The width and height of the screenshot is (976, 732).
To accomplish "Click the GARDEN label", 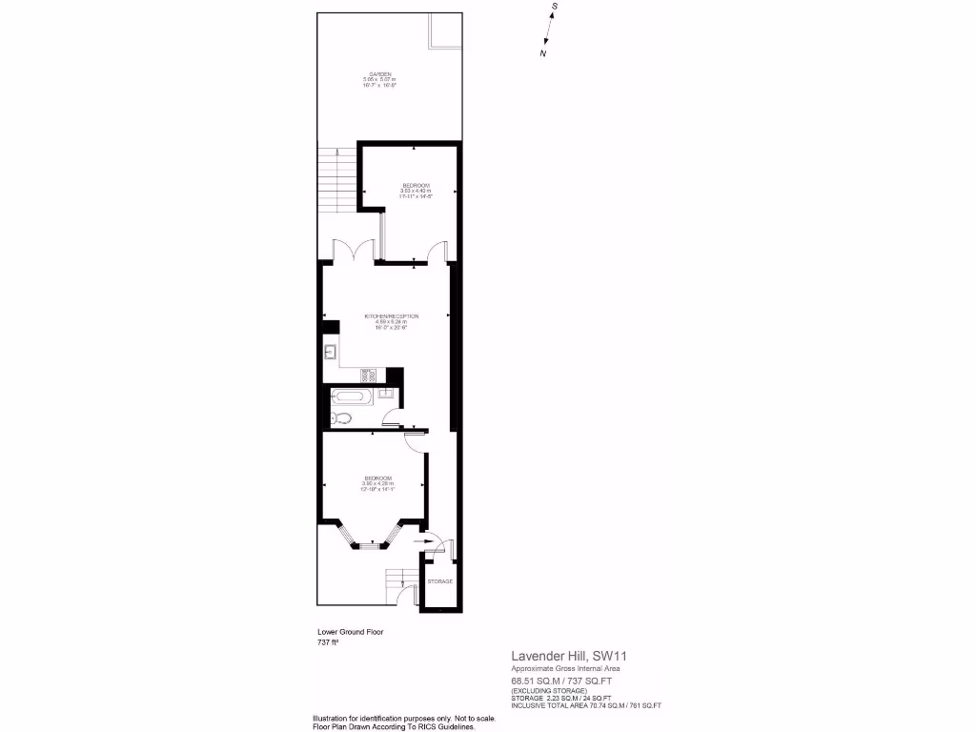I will [380, 74].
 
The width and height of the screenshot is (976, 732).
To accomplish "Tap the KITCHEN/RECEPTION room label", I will [391, 315].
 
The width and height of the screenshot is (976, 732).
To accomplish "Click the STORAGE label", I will [439, 581].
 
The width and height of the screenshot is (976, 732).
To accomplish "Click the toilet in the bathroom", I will [338, 417].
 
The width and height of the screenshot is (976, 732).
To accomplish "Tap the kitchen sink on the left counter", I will [330, 355].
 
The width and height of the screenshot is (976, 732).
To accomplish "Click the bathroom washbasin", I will [385, 394].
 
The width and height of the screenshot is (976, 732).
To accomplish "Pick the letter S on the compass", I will [555, 7].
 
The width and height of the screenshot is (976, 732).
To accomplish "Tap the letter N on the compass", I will [543, 54].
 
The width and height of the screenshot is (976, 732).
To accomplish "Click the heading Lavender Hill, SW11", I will [569, 656].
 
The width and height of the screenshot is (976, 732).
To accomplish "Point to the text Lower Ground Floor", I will [350, 632].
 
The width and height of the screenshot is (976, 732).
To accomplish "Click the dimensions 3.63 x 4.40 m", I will [416, 191].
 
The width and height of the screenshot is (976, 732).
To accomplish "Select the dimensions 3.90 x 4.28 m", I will [377, 483].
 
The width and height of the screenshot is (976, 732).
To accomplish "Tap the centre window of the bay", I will [372, 545].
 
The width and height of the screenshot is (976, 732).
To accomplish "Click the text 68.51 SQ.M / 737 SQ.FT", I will [560, 681].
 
